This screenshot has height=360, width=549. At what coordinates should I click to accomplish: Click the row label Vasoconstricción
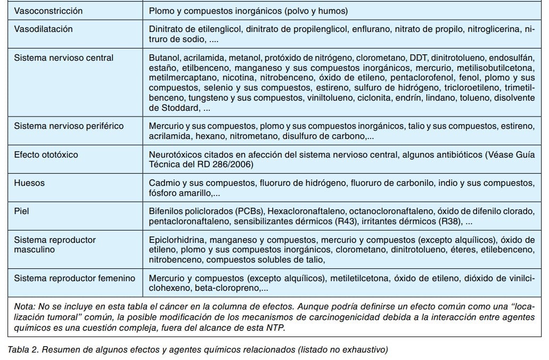point(48,11)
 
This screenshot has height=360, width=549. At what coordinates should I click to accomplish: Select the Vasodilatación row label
point(43,29)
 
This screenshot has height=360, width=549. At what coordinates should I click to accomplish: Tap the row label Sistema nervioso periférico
point(69,126)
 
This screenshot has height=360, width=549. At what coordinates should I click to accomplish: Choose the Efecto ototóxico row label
point(46,154)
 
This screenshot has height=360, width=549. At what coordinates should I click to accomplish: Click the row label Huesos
point(29,183)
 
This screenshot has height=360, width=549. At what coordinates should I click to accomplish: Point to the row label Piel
point(21,211)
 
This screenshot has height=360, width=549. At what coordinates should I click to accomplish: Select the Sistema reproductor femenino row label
point(75,278)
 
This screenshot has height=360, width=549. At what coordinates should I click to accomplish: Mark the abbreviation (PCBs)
point(247,211)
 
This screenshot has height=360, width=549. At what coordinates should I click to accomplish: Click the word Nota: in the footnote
point(25,307)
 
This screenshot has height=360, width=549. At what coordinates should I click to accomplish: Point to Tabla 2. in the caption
point(23,350)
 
